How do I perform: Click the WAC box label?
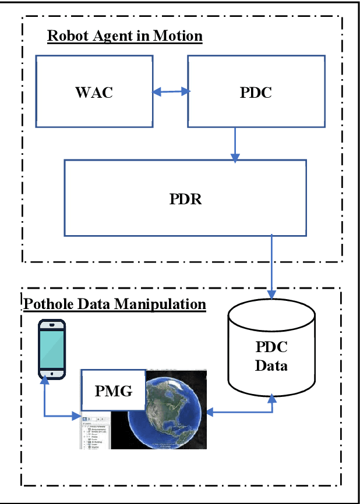(94, 93)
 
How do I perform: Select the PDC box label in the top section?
(256, 93)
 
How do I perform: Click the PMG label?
(114, 391)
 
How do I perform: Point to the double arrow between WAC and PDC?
(171, 91)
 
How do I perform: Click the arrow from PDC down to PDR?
(235, 143)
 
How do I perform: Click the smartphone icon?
(52, 349)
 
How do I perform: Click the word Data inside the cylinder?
(271, 367)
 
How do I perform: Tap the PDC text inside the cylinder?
(271, 347)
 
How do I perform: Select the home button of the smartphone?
(52, 373)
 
